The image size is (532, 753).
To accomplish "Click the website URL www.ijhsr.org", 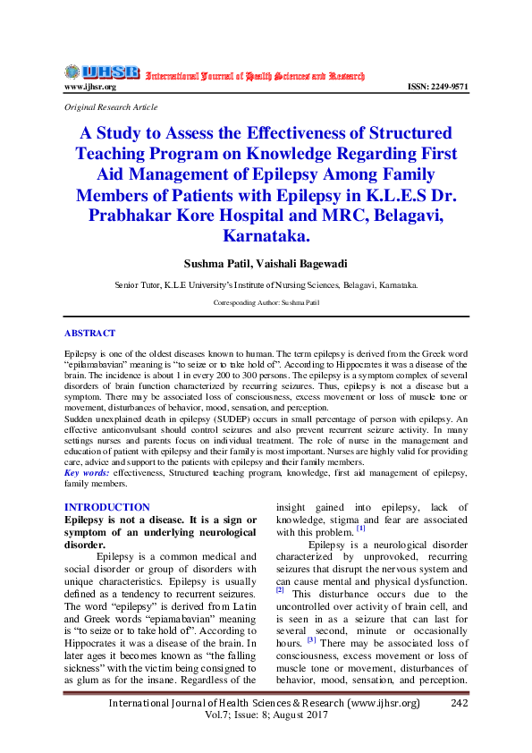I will [x=89, y=87].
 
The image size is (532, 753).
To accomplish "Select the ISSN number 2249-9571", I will [x=437, y=87].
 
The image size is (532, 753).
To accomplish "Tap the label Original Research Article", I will [x=111, y=106].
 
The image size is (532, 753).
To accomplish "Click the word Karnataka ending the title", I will [x=266, y=236].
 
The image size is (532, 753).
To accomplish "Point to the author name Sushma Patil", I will [x=216, y=263].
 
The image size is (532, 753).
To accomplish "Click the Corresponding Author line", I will [x=266, y=303].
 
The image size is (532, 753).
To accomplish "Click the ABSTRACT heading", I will [x=89, y=333].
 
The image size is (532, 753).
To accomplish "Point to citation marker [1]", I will [x=361, y=528].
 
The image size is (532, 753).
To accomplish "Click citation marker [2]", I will [x=280, y=589].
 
